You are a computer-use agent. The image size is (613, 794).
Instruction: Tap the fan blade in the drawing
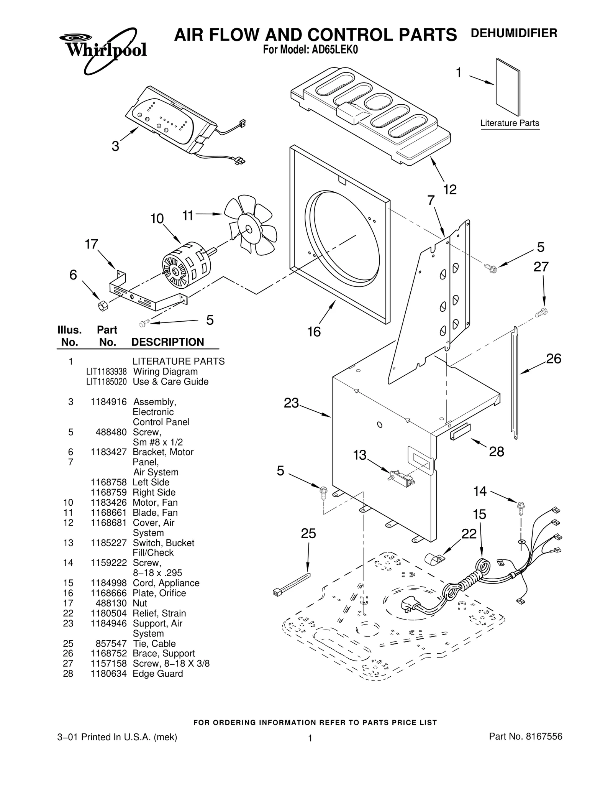[251, 226]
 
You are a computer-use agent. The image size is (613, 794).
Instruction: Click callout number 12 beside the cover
[450, 189]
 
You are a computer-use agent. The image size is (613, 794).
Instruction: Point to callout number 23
[291, 403]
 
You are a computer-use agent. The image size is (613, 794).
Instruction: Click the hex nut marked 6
[102, 306]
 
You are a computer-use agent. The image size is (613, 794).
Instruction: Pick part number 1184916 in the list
[108, 402]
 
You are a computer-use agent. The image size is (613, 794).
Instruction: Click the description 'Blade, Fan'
[155, 513]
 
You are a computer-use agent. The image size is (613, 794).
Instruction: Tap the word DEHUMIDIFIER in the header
[513, 33]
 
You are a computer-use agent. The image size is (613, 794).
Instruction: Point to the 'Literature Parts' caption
[510, 123]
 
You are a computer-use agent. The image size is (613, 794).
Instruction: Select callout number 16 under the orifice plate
[314, 332]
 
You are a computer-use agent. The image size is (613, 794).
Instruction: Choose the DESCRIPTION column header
[167, 342]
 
